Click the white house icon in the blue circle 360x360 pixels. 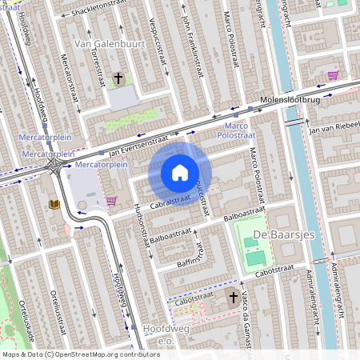pyautogui.click(x=180, y=173)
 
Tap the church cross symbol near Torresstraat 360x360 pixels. pyautogui.click(x=118, y=78)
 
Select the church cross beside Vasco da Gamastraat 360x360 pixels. pyautogui.click(x=234, y=298)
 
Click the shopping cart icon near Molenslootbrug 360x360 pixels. pyautogui.click(x=332, y=75)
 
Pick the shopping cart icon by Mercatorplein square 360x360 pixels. pyautogui.click(x=111, y=201)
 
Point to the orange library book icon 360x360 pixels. pyautogui.click(x=54, y=205)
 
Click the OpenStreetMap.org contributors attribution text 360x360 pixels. pyautogui.click(x=104, y=354)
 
